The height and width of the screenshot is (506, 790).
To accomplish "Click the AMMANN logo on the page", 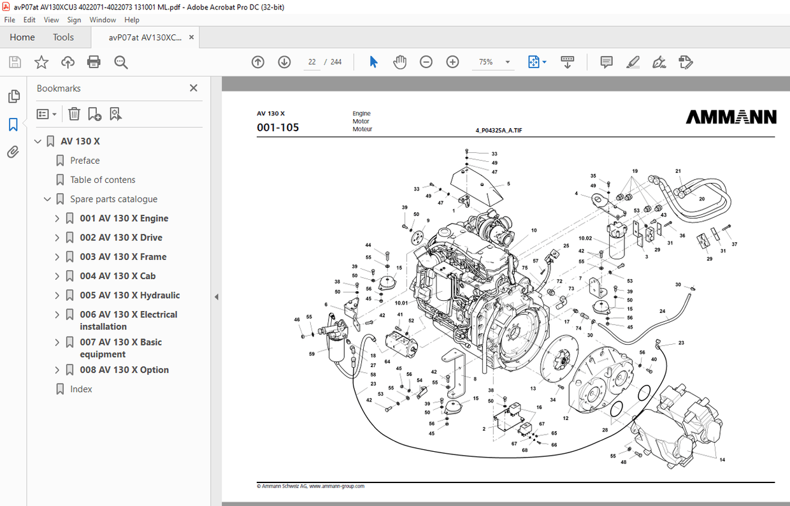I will coord(731,117).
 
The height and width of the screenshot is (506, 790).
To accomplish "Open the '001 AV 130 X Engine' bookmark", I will coord(124,219).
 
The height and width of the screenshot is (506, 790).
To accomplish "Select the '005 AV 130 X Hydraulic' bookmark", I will coord(129,295).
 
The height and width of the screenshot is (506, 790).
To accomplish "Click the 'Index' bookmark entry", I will coord(81,389).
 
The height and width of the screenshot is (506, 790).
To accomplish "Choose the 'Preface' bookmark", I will coord(85,161).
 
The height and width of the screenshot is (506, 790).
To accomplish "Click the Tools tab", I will coord(63,37).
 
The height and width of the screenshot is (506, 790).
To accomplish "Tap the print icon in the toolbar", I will coord(94,62).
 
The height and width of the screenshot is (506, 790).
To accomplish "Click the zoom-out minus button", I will coord(426,62).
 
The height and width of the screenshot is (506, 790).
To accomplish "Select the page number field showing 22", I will coord(312,62).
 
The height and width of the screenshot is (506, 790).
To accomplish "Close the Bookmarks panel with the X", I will coord(194,88).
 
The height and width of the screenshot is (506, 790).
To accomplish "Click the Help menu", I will coord(132,20).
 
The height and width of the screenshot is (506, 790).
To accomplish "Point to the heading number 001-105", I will coord(278,127).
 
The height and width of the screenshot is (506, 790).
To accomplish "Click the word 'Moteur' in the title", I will coord(363,129).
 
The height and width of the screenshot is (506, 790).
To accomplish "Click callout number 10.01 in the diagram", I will coord(401,303).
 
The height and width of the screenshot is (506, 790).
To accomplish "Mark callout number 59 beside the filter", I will coord(312,354).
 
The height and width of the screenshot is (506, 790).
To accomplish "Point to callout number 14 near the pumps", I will coord(722,459).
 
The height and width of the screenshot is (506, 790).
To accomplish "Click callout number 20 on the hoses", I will coord(701,199).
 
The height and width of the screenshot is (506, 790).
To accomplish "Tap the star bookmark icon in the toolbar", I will coord(41,62).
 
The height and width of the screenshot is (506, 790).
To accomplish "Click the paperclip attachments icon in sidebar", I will coord(13,152).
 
